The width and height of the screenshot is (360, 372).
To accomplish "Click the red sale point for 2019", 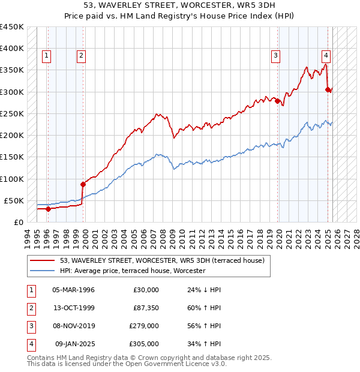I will pyautogui.click(x=278, y=101).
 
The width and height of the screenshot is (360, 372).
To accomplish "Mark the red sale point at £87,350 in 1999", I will pyautogui.click(x=83, y=184).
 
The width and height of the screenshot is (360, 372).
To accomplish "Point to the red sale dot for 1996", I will pyautogui.click(x=48, y=209).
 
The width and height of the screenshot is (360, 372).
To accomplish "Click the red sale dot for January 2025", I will pyautogui.click(x=328, y=89).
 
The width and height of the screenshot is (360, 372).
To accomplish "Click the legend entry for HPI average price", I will pyautogui.click(x=133, y=271).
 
